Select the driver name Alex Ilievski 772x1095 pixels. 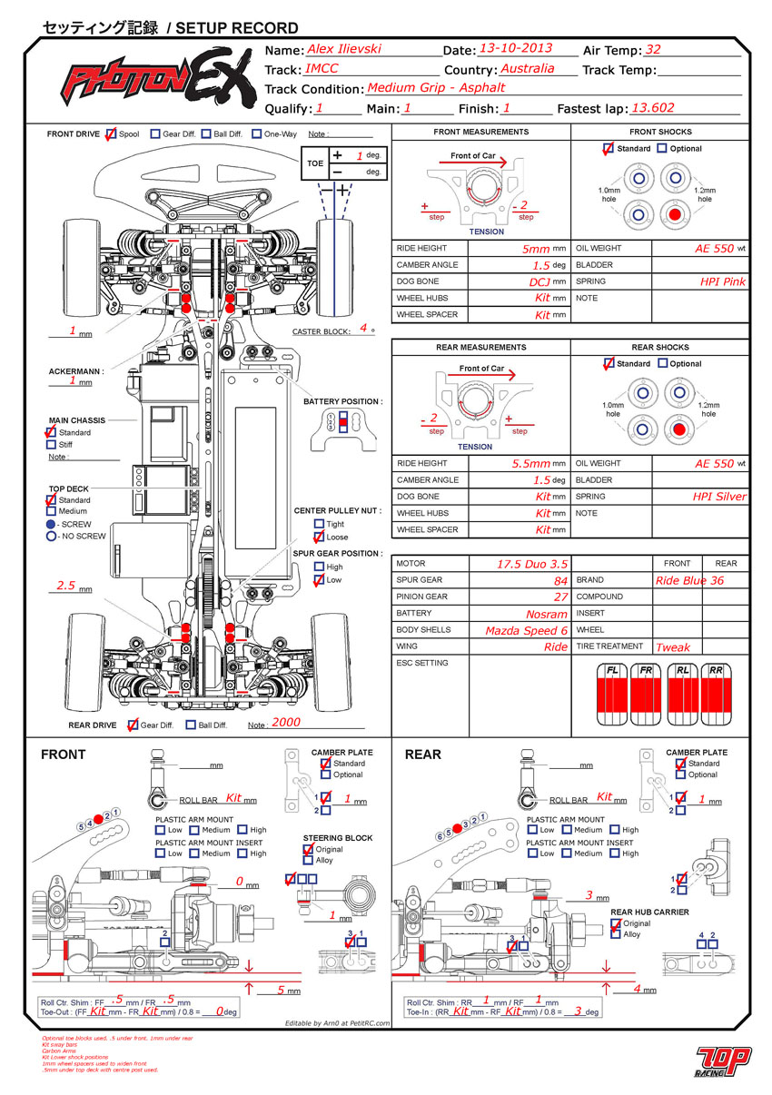(344, 49)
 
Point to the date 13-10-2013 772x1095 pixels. (515, 49)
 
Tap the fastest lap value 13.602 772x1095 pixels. (652, 107)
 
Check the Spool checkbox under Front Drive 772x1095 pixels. (111, 134)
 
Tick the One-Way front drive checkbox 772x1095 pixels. (257, 134)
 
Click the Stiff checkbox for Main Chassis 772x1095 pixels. (51, 445)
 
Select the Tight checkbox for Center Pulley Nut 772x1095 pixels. (319, 524)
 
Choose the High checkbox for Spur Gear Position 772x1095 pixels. (319, 567)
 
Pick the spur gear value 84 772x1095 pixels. (560, 580)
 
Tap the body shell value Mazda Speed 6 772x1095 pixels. (527, 630)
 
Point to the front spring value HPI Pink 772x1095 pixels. (723, 281)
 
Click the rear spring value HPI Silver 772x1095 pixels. (719, 497)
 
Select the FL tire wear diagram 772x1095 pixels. (613, 695)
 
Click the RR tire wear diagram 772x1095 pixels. (716, 695)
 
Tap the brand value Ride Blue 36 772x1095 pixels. (690, 580)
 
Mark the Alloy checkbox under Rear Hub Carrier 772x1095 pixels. (616, 934)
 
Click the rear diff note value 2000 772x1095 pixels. (285, 723)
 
